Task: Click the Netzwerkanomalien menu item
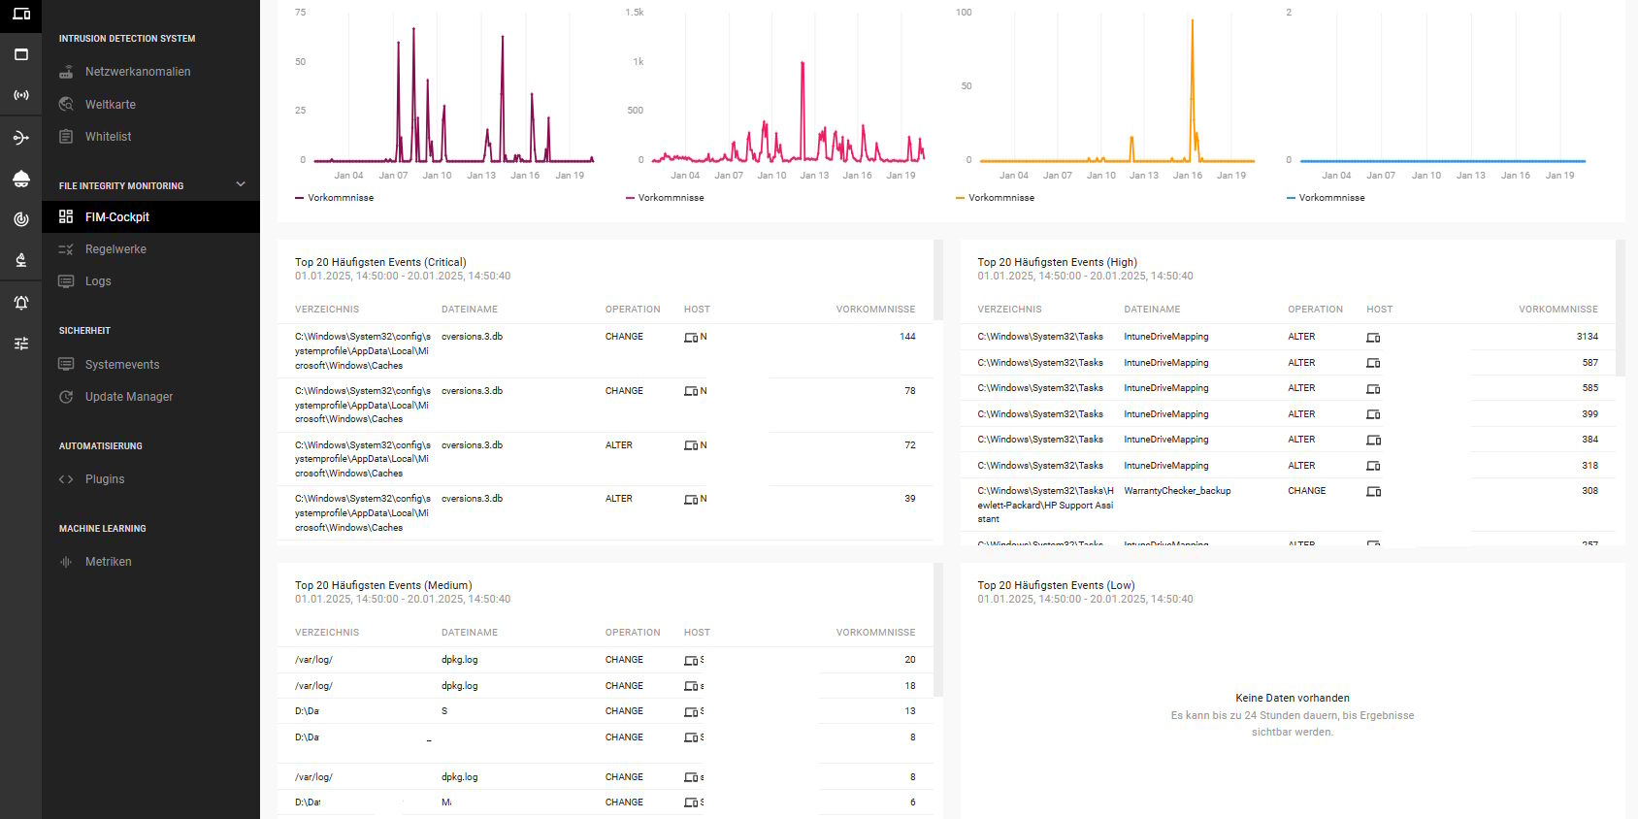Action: tap(137, 72)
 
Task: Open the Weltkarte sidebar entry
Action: tap(110, 105)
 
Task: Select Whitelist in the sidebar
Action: tap(108, 137)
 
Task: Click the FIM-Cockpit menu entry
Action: tap(116, 217)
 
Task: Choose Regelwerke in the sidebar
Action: tap(115, 249)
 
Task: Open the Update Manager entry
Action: tap(128, 397)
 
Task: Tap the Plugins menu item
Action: tap(104, 479)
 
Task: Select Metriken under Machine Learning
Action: tap(108, 562)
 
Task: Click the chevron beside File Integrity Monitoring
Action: tap(241, 184)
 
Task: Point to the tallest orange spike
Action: tap(1193, 21)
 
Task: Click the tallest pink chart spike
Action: tap(803, 64)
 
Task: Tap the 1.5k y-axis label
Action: tap(635, 13)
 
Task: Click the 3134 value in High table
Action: tap(1587, 337)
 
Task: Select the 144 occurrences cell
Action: tap(907, 337)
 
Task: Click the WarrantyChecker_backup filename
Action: tap(1177, 491)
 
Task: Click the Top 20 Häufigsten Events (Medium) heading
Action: tap(383, 585)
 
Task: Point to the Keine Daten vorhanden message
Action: tap(1292, 698)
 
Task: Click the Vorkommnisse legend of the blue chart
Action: tap(1330, 198)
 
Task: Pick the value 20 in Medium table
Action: tap(909, 660)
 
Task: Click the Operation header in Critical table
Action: tap(632, 310)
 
